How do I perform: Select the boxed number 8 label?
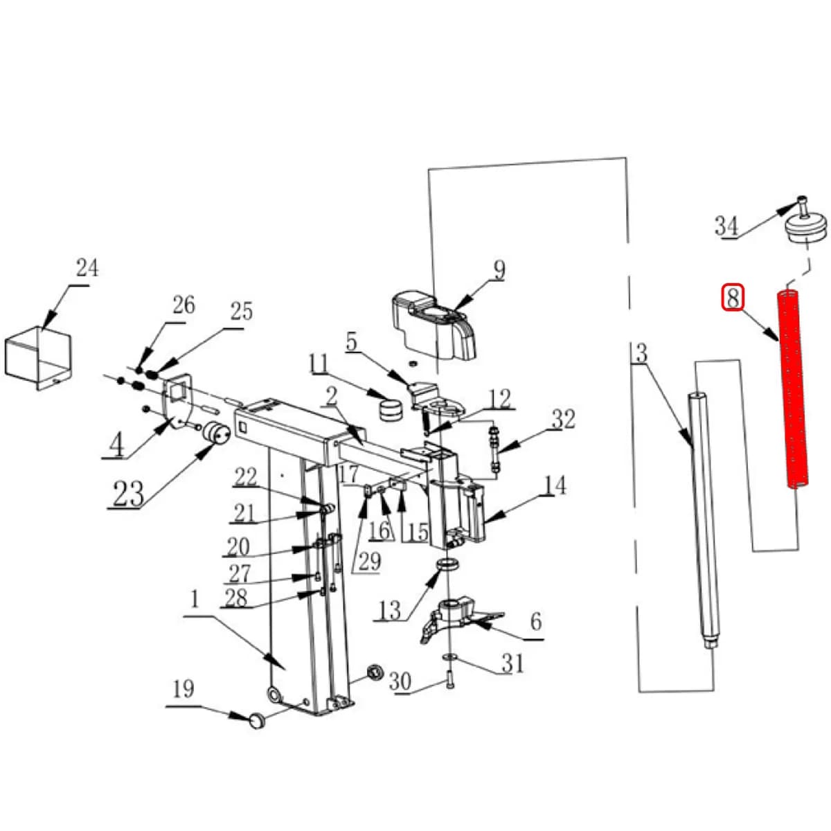733,298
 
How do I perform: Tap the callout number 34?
726,226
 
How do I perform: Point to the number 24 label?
87,268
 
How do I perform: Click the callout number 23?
128,493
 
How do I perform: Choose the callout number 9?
499,269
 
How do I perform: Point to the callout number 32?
562,419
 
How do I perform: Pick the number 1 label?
195,600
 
